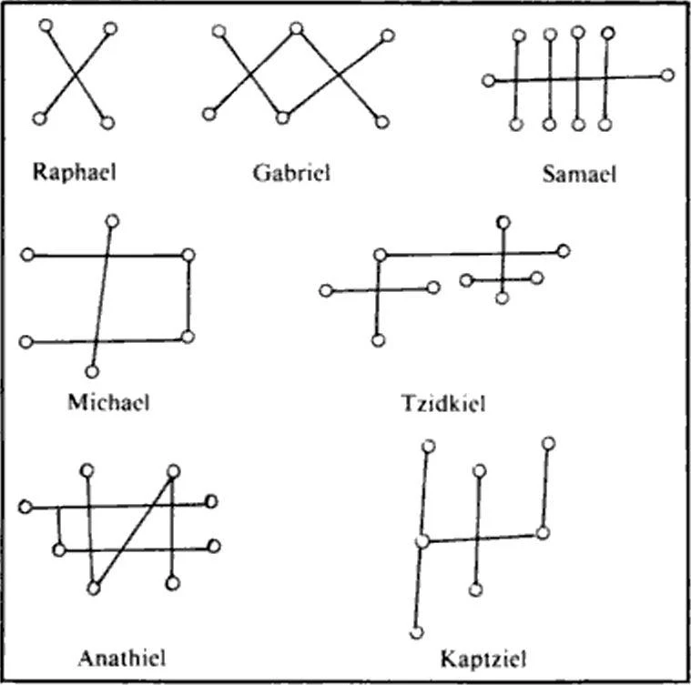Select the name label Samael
[x=579, y=174]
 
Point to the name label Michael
[x=108, y=401]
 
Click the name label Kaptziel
[x=483, y=656]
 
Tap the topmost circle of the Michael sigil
[x=112, y=220]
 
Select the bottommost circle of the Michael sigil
[x=91, y=371]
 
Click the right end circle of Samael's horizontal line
[x=667, y=75]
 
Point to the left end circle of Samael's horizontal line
[x=488, y=81]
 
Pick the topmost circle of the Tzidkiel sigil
[x=503, y=222]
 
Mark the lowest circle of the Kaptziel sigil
[x=416, y=632]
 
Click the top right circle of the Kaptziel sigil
[x=548, y=443]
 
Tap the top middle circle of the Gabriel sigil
[x=296, y=29]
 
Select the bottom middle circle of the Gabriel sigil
[x=282, y=116]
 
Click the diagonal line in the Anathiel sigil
[x=133, y=529]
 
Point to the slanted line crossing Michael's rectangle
[x=102, y=295]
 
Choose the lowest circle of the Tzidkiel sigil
[x=378, y=340]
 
